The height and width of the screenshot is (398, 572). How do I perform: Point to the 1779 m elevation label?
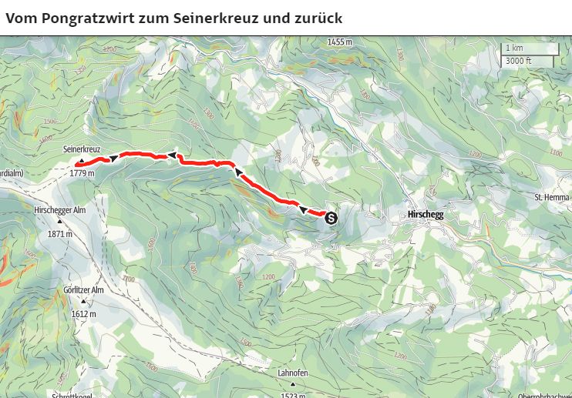(81, 173)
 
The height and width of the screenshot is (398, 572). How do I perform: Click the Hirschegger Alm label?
(59, 209)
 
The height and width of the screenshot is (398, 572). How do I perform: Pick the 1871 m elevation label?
(59, 233)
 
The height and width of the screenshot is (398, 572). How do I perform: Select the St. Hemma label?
(551, 198)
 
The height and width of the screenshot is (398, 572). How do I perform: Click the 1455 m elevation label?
(339, 42)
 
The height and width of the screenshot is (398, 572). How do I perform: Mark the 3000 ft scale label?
(518, 61)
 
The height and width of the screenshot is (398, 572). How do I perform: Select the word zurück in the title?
(319, 17)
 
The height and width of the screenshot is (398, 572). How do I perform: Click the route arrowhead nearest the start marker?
(303, 209)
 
